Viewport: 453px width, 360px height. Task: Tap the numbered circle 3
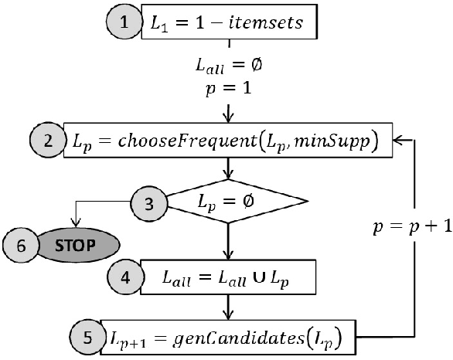(146, 202)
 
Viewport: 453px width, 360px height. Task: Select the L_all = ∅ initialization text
(227, 67)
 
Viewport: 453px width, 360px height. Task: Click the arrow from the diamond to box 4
(228, 244)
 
